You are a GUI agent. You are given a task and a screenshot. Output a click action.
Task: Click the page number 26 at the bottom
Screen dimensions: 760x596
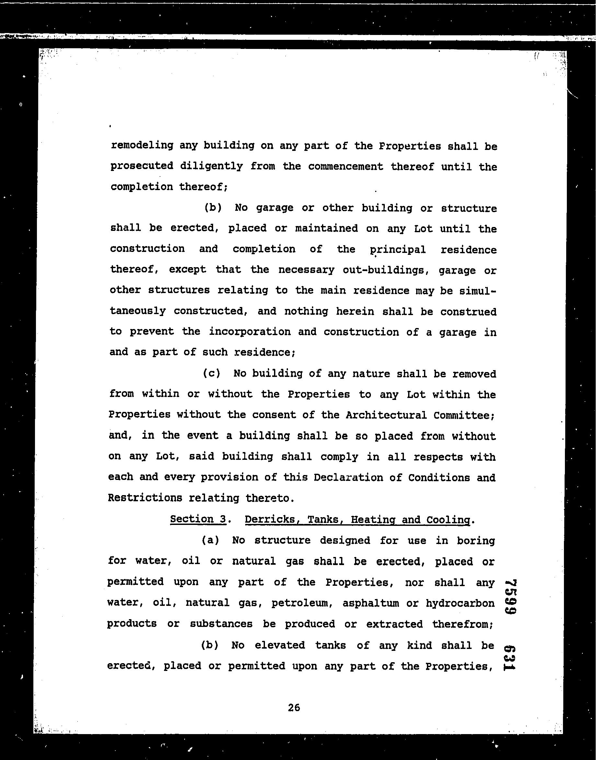pos(294,707)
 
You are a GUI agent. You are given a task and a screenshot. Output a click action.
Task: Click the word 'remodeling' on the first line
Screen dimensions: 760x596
pos(142,145)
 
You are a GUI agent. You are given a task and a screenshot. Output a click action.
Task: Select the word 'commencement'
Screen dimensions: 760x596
pos(346,166)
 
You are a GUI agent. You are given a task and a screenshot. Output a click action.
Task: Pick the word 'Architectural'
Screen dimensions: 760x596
pos(386,415)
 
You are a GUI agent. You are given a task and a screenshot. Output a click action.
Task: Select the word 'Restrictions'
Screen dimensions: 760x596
pos(145,498)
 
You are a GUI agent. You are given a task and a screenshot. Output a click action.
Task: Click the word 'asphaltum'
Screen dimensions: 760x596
pos(371,603)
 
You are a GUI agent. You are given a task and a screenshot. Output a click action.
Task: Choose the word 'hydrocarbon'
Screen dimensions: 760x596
pos(460,603)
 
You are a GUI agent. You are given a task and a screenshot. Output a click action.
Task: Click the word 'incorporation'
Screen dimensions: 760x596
pos(249,332)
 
